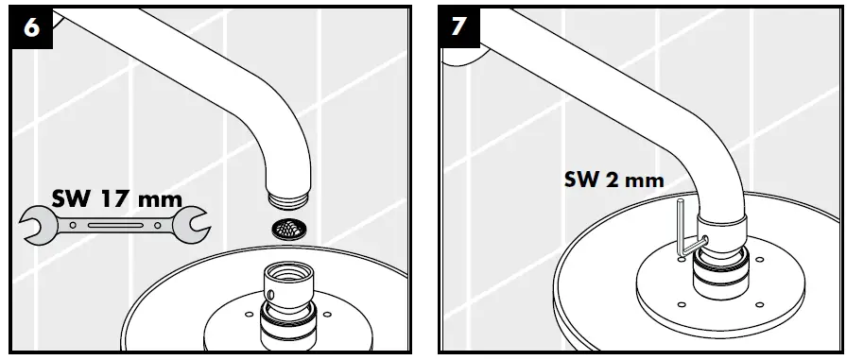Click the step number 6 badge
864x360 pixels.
(x=30, y=27)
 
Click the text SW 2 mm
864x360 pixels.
(x=614, y=180)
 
